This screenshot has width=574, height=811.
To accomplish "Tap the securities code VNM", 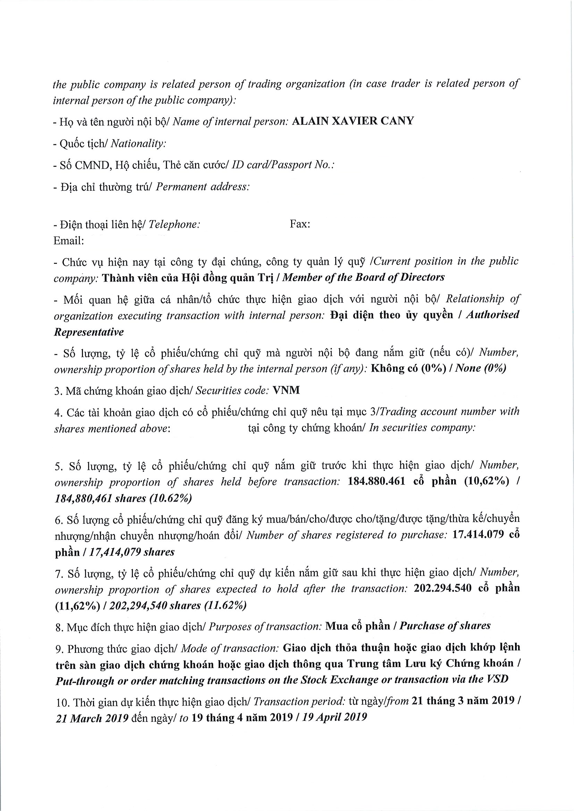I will [286, 390].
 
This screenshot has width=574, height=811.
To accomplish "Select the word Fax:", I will [300, 224].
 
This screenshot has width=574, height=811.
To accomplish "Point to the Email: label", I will [69, 241].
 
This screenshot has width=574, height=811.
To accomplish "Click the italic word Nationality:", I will [138, 144].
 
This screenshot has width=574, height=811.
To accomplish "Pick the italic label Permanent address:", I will [203, 187].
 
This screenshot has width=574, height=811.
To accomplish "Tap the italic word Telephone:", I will [174, 224].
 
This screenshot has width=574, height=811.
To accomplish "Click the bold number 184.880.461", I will [377, 482].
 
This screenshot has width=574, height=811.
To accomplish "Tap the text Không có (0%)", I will [408, 369].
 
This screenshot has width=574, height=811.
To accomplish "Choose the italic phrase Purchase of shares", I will [445, 626].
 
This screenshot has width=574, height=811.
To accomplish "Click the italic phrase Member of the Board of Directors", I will [363, 277].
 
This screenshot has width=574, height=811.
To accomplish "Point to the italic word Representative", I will [89, 333].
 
